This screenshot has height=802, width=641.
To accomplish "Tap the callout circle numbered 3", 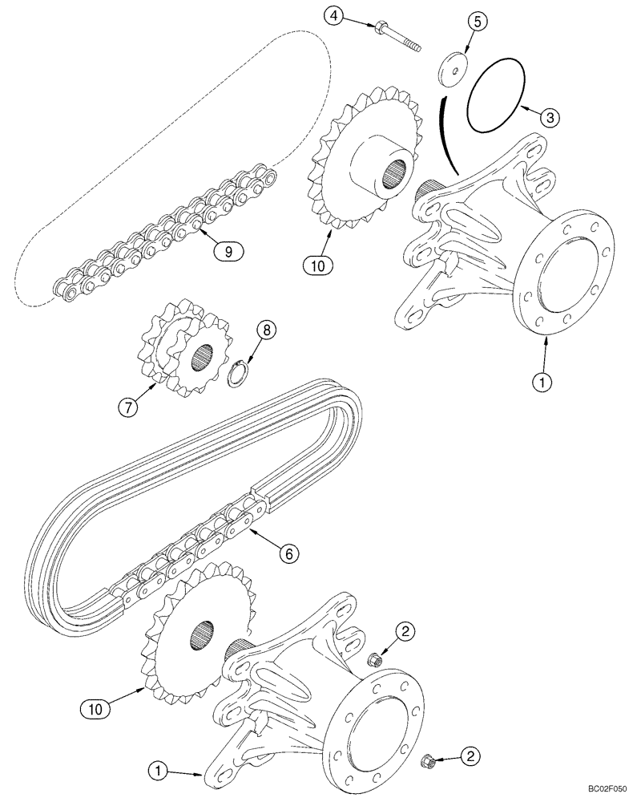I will (549, 116).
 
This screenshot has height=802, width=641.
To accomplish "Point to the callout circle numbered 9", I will (228, 251).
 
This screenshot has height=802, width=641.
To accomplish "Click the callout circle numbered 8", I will (268, 330).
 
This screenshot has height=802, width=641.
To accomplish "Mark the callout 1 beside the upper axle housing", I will (544, 383).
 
